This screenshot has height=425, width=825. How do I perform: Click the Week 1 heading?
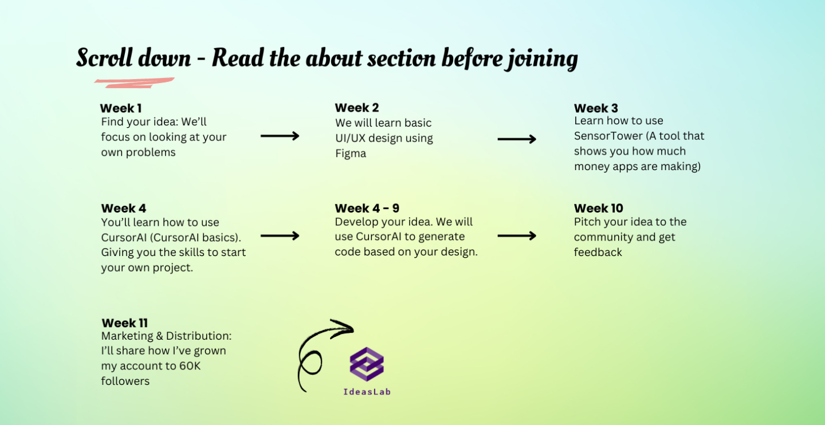coord(121,108)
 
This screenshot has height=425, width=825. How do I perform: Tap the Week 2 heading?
coord(357,108)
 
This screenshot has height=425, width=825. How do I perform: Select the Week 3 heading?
coord(596,108)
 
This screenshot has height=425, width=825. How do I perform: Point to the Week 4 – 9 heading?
coord(367,208)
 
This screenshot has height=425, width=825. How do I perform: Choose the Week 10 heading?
coord(599,208)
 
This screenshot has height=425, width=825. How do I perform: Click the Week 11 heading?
coord(124,323)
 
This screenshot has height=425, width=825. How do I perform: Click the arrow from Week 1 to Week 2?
coord(280,136)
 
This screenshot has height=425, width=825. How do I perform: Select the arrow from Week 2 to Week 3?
coord(517,139)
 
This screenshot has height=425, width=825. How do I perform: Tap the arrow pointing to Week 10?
coord(517,236)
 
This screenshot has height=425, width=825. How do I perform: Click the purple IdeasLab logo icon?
coord(367,364)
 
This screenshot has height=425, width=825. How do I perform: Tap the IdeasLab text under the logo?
coord(367,392)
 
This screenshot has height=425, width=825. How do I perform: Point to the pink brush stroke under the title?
coord(135,82)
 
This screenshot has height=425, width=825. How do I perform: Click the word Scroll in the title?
coord(105,58)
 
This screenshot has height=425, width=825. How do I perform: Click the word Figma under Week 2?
coord(351,153)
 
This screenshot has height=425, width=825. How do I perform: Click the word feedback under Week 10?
coord(598,252)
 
